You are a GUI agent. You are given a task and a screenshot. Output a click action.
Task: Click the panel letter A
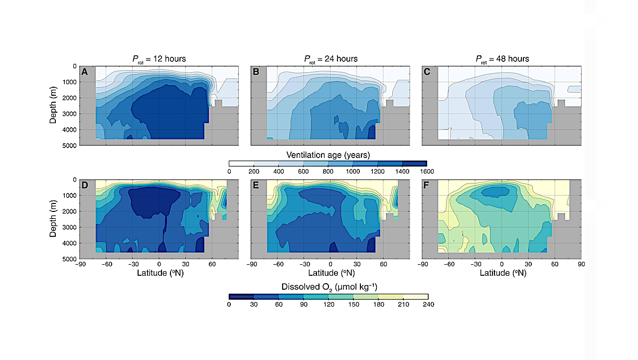click(85, 72)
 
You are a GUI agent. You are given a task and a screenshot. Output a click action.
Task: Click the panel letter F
click(428, 185)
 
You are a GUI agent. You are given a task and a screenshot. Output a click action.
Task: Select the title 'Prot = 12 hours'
click(159, 59)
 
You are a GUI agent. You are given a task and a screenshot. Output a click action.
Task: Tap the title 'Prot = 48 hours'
click(502, 59)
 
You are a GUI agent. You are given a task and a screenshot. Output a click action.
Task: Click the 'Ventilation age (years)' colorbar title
click(328, 155)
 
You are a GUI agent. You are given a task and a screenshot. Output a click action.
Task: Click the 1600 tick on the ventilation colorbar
click(427, 172)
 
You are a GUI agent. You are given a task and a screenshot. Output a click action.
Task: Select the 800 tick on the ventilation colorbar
click(328, 172)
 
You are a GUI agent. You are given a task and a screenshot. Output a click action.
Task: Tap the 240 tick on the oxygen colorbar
click(428, 304)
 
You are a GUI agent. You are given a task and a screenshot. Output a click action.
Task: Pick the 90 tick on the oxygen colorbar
click(303, 304)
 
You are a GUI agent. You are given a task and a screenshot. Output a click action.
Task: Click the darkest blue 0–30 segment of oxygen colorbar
click(241, 296)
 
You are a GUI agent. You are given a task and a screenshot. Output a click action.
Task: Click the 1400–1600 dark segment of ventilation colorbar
click(415, 164)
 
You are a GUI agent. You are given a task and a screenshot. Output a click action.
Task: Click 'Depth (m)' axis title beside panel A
click(54, 106)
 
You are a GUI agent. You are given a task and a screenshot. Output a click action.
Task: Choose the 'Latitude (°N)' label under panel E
click(330, 273)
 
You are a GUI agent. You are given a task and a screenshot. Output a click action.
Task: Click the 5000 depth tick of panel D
click(70, 259)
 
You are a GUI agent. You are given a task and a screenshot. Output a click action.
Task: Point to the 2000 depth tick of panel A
click(70, 98)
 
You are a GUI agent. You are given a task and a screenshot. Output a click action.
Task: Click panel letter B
click(256, 72)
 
